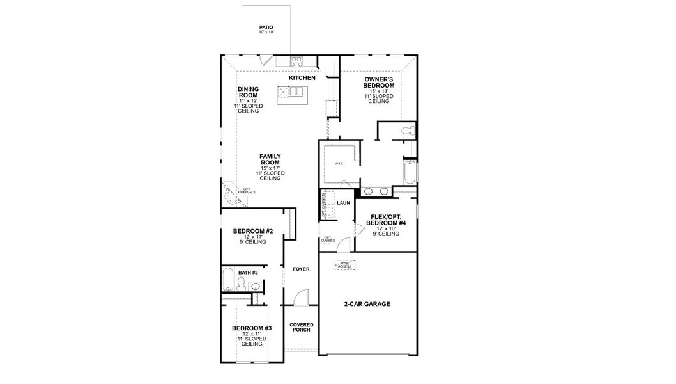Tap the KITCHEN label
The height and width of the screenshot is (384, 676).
(x=302, y=77)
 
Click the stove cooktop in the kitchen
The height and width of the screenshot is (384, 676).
(x=297, y=61)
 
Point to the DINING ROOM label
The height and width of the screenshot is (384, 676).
(x=248, y=92)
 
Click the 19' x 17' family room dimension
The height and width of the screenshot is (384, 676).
(x=270, y=168)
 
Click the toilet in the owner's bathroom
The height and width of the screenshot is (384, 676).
(x=405, y=131)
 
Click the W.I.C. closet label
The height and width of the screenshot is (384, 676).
(x=339, y=164)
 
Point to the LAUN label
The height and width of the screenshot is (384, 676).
(x=344, y=202)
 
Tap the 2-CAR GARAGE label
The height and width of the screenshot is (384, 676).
(x=367, y=304)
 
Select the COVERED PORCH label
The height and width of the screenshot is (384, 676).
(x=300, y=327)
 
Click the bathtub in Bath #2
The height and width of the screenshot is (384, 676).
(x=227, y=280)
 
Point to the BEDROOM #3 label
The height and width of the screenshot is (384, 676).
(x=251, y=328)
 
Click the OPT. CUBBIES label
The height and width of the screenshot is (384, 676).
(x=328, y=240)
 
